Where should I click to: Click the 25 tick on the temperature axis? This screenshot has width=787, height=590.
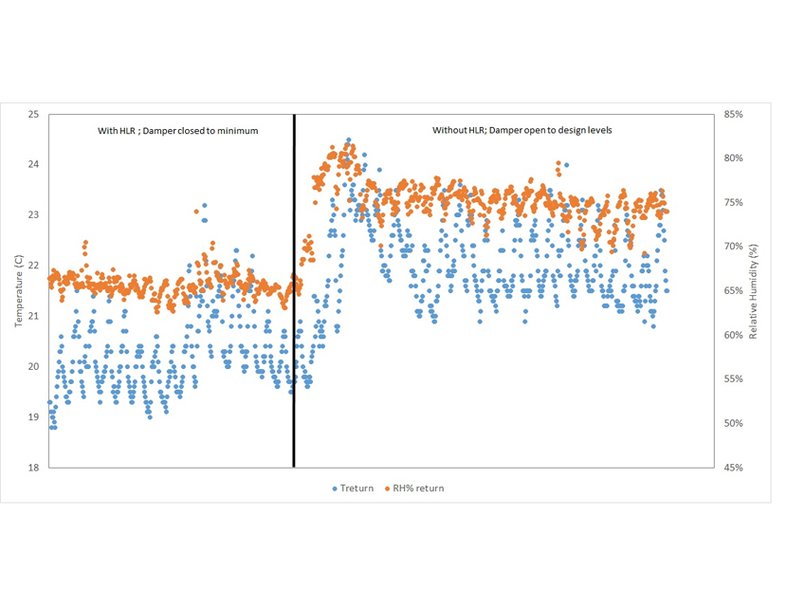(x=33, y=114)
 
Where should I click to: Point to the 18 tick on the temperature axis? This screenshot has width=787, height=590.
(x=33, y=468)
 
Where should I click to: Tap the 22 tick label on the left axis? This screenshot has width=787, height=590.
(x=33, y=265)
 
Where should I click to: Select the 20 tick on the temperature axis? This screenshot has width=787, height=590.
(x=33, y=366)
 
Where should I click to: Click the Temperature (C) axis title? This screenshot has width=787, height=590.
(x=18, y=289)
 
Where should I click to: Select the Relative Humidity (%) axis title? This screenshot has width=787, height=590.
(x=754, y=290)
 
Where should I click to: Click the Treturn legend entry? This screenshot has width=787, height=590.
(x=357, y=489)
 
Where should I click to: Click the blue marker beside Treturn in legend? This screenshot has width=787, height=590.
(x=335, y=489)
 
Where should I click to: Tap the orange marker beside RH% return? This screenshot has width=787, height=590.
(x=387, y=489)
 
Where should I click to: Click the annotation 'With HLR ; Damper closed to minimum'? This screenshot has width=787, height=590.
(x=178, y=130)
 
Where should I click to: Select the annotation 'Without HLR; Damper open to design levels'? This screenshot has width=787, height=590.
(x=522, y=130)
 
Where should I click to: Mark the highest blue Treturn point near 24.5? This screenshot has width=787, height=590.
(x=348, y=140)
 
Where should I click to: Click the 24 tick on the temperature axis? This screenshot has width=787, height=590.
(x=33, y=164)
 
